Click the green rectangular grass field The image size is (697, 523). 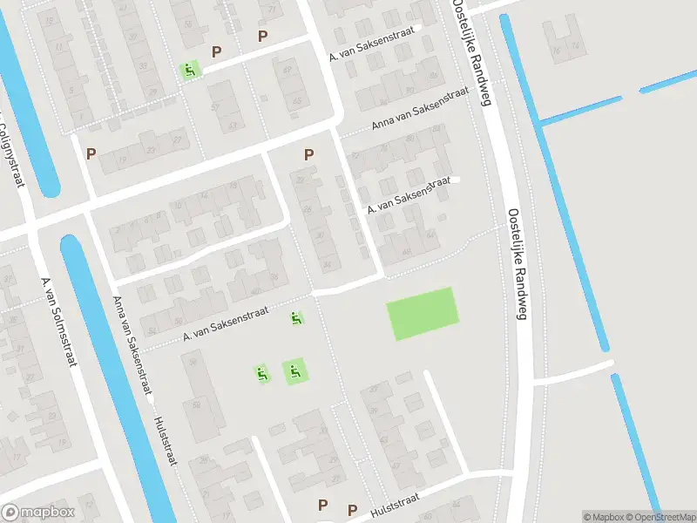pyautogui.click(x=423, y=313)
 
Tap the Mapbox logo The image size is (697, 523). pyautogui.click(x=38, y=513)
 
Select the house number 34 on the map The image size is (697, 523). pyautogui.click(x=327, y=264)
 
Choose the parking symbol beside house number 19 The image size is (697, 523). pyautogui.click(x=91, y=153)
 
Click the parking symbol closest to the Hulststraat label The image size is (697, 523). pyautogui.click(x=352, y=510)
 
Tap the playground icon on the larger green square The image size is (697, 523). pyautogui.click(x=294, y=372)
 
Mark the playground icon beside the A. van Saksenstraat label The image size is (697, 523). pyautogui.click(x=297, y=319)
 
